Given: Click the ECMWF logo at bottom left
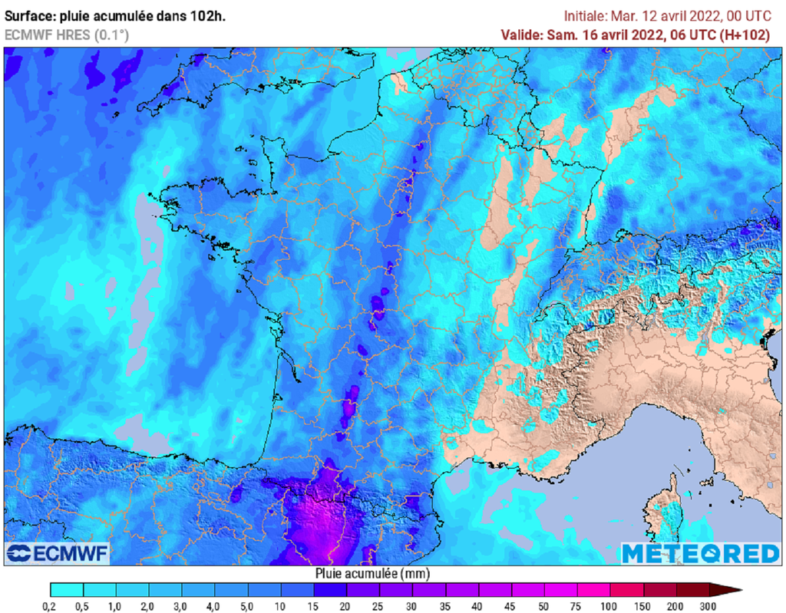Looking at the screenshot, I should click(x=58, y=552).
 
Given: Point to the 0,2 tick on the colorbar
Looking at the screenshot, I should click(x=51, y=606).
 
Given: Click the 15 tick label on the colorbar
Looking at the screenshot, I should click(x=314, y=606).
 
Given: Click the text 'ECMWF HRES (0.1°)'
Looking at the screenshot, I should click(x=67, y=35).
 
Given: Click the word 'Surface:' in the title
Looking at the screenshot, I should click(x=29, y=15).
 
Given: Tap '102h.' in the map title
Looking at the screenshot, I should click(x=210, y=15).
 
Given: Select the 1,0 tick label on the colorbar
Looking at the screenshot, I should click(x=116, y=606).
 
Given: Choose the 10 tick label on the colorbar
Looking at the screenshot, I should click(x=281, y=606).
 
